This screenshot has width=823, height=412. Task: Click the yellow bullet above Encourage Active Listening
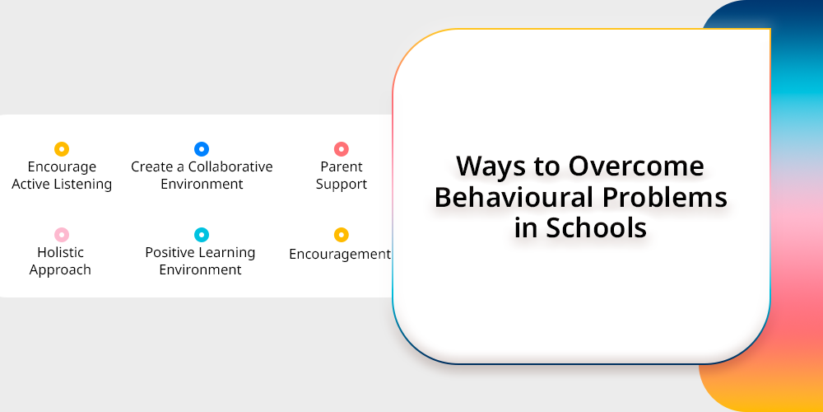[62, 149]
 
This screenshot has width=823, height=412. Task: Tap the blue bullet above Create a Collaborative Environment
[202, 149]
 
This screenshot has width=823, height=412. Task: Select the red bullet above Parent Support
[342, 149]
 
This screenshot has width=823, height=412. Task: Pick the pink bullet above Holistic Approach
[62, 235]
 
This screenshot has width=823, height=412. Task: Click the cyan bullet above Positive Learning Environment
[202, 235]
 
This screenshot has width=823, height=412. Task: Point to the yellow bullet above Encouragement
[342, 235]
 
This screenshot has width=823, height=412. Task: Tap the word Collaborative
[230, 167]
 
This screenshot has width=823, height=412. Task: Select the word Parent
[342, 167]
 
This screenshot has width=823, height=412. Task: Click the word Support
[342, 185]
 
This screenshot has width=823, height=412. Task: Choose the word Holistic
[60, 253]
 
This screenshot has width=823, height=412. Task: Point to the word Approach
[60, 270]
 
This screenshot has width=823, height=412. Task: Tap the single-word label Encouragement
[340, 255]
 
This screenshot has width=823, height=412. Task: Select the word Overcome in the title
[637, 166]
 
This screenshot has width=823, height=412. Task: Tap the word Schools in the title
[596, 228]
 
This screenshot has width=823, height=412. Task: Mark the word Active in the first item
[30, 185]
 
